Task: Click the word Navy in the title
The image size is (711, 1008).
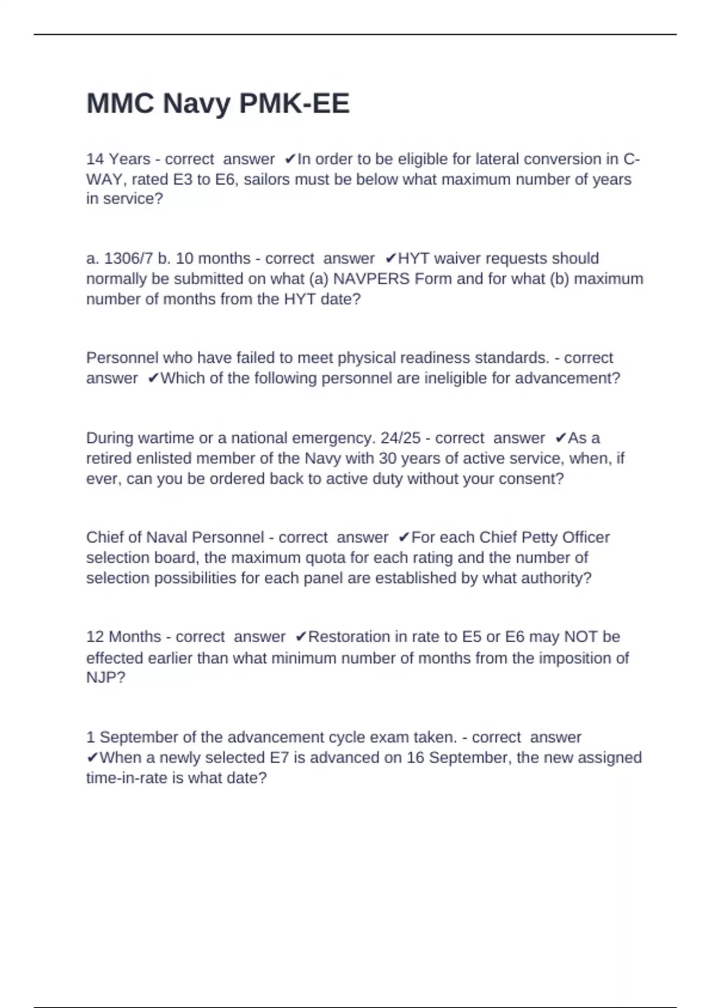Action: pyautogui.click(x=197, y=104)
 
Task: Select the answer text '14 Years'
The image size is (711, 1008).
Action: pyautogui.click(x=118, y=159)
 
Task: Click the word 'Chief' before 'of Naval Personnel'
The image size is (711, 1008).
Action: pyautogui.click(x=105, y=537)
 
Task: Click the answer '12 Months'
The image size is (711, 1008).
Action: pyautogui.click(x=123, y=637)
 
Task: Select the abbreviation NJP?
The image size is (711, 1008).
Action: pyautogui.click(x=105, y=677)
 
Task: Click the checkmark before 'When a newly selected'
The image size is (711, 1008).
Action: pyautogui.click(x=92, y=758)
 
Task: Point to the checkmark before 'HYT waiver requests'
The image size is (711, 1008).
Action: pyautogui.click(x=390, y=259)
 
